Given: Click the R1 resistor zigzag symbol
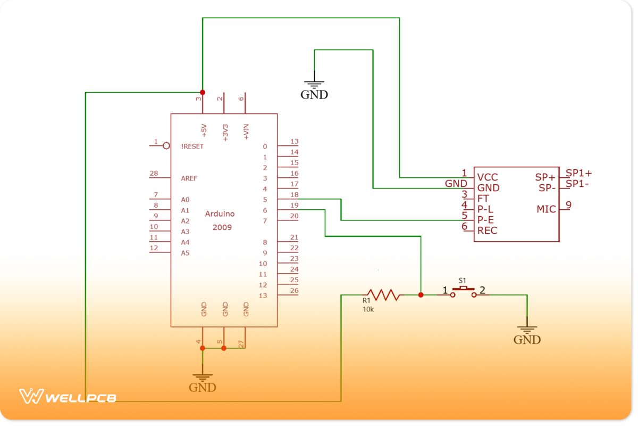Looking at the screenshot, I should pos(382,294).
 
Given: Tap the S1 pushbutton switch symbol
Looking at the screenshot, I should pos(463,291).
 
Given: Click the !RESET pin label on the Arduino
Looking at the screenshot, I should pos(192,146).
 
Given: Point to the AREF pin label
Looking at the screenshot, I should pos(189,178).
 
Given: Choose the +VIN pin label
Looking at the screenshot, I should pos(246,131).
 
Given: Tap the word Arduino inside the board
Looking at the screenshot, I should pos(220,214).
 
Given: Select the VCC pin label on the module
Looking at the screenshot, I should pos(488,177).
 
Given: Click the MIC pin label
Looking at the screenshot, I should pos(545,209).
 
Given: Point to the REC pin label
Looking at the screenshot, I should pos(487,231).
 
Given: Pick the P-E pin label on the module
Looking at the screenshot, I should pos(486,220).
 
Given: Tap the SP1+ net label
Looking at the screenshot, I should pos(578,173).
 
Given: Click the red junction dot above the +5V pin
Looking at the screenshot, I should pos(203,92).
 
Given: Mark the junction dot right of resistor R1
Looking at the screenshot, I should pos(421,294).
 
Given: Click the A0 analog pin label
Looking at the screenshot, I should pos(185,200).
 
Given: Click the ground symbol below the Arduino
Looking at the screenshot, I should pos(203,378).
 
